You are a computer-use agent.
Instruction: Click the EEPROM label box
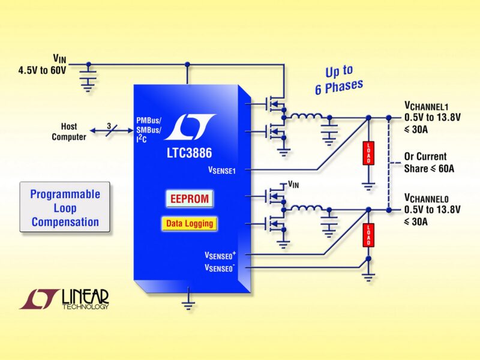pos(189,198)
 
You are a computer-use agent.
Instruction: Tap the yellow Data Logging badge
pos(189,224)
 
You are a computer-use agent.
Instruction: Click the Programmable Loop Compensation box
pos(65,208)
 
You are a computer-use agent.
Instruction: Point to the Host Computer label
pos(69,132)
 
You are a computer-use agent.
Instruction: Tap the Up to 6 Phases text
pos(339,80)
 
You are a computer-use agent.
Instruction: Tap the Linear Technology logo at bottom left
pos(64,299)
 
